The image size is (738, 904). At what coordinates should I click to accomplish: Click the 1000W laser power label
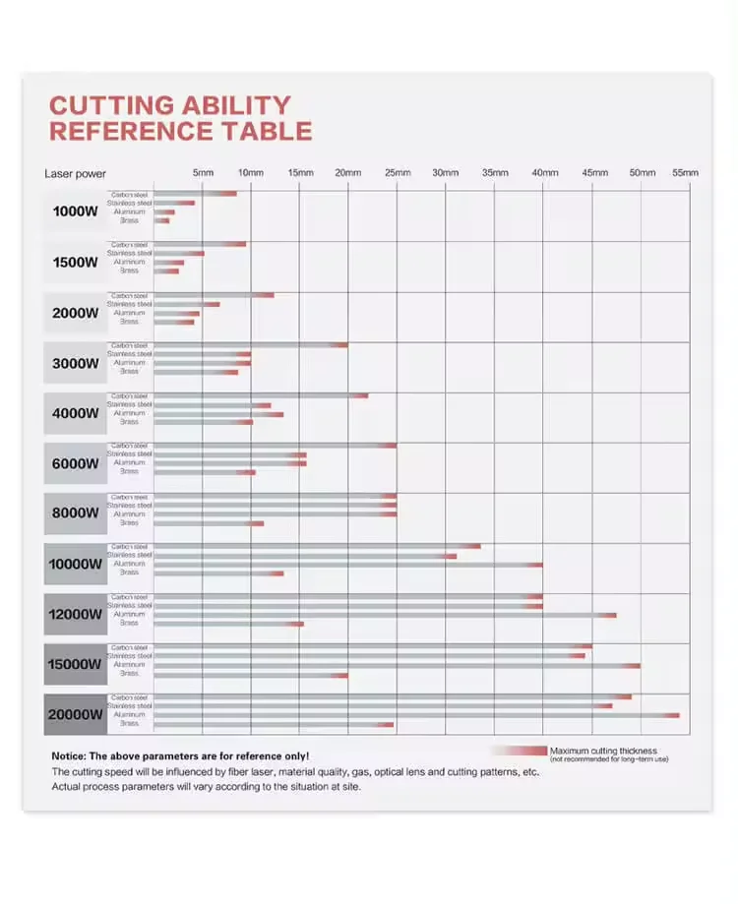pyautogui.click(x=76, y=211)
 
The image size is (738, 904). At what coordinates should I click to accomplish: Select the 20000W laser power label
pyautogui.click(x=76, y=714)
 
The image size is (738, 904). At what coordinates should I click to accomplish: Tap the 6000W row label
pyautogui.click(x=76, y=463)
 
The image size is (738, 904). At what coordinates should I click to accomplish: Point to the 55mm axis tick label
pyautogui.click(x=685, y=173)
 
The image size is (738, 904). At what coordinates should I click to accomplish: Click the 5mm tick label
pyautogui.click(x=203, y=173)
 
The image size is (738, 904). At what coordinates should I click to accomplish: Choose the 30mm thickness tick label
pyautogui.click(x=446, y=173)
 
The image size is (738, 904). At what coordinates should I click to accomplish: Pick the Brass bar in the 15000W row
pyautogui.click(x=251, y=675)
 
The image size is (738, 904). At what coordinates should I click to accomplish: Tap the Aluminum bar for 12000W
pyautogui.click(x=385, y=615)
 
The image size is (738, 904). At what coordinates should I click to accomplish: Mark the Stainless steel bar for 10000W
pyautogui.click(x=305, y=556)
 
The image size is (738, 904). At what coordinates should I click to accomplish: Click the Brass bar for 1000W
pyautogui.click(x=162, y=220)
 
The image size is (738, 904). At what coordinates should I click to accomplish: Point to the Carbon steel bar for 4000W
pyautogui.click(x=261, y=395)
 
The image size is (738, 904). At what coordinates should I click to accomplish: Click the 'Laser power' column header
pyautogui.click(x=76, y=174)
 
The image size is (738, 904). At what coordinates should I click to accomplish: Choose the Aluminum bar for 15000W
pyautogui.click(x=397, y=666)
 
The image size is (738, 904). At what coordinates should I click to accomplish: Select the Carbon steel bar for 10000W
pyautogui.click(x=317, y=546)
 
